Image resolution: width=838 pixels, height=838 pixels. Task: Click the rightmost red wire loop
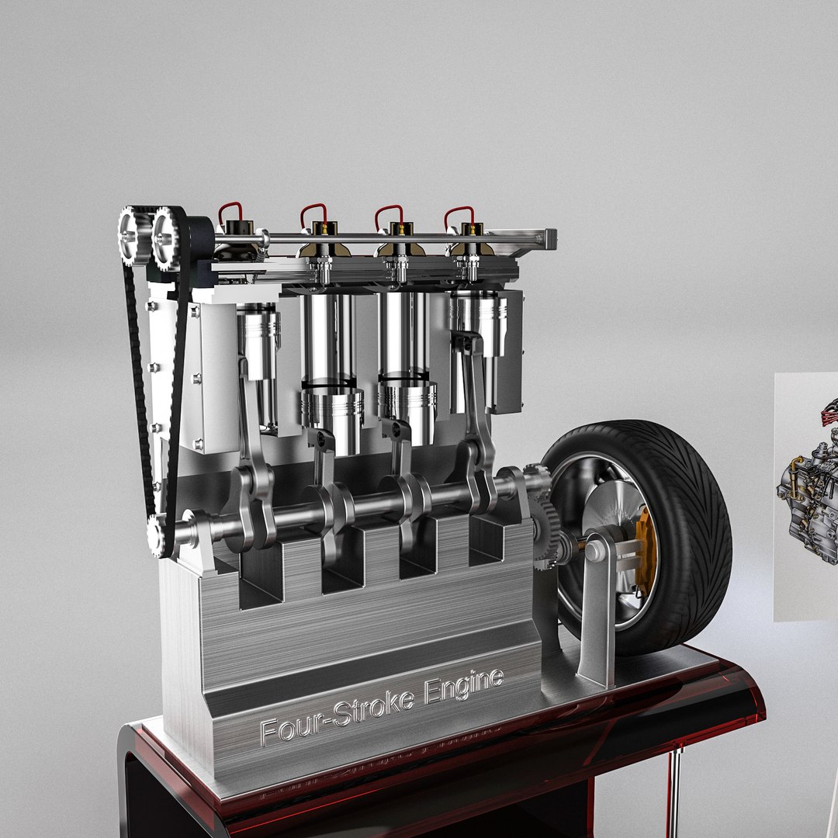459,215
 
